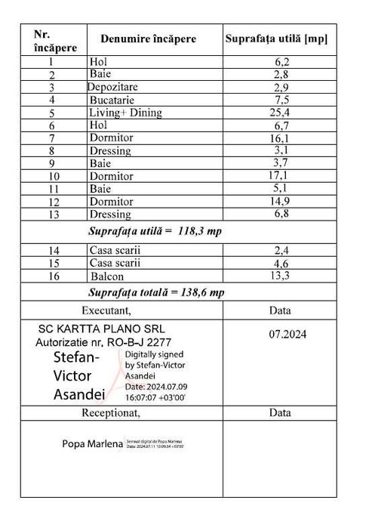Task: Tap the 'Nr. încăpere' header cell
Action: [54, 40]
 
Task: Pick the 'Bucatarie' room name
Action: [115, 100]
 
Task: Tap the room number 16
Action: [52, 276]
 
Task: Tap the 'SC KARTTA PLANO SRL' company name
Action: [100, 329]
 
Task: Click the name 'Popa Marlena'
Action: [92, 444]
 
